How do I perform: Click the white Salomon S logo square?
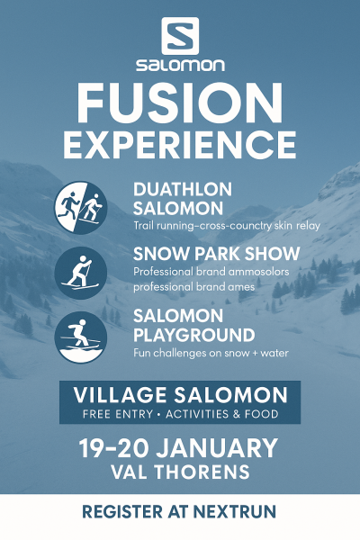(x=180, y=36)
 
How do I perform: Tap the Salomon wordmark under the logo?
(x=180, y=65)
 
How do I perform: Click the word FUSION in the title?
(x=180, y=103)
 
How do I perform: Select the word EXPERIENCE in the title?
(x=179, y=145)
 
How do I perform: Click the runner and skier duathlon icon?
(x=81, y=208)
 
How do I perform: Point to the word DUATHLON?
(x=183, y=189)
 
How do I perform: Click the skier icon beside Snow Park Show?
(x=81, y=273)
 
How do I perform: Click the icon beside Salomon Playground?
(x=81, y=337)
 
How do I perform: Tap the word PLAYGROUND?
(x=194, y=335)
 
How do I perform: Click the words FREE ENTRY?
(x=118, y=414)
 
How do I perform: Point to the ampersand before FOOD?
(x=237, y=414)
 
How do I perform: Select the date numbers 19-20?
(x=114, y=448)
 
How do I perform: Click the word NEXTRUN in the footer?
(x=235, y=512)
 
